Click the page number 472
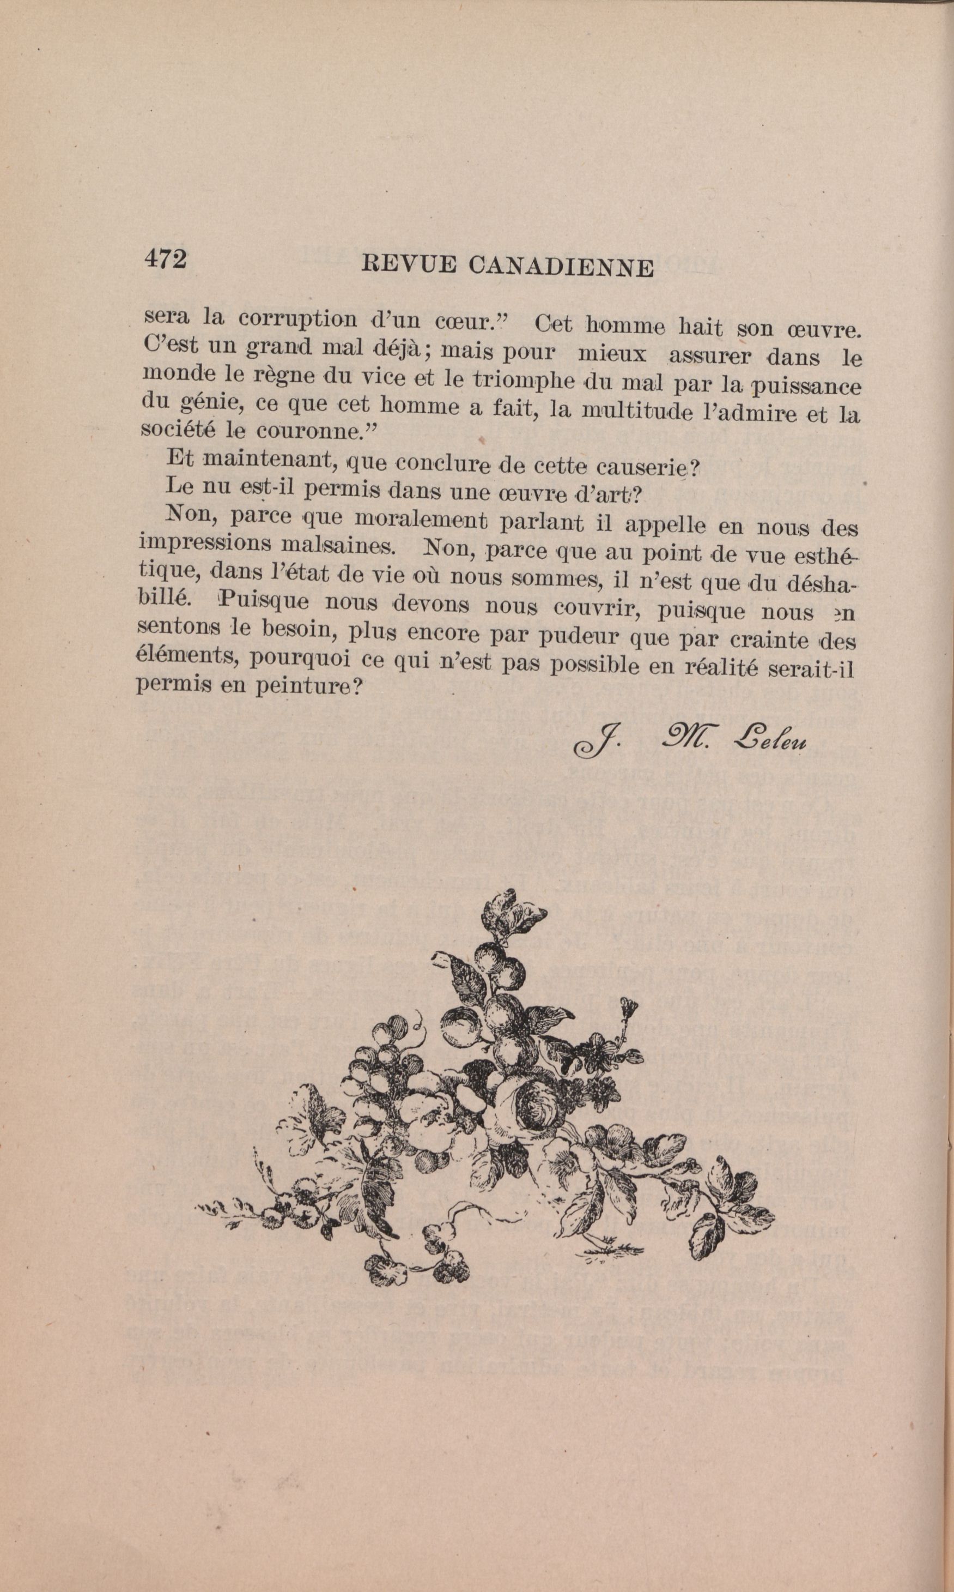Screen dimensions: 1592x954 tap(165, 258)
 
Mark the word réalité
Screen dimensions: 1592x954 tap(721, 666)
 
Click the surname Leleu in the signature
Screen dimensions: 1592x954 tap(769, 741)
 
